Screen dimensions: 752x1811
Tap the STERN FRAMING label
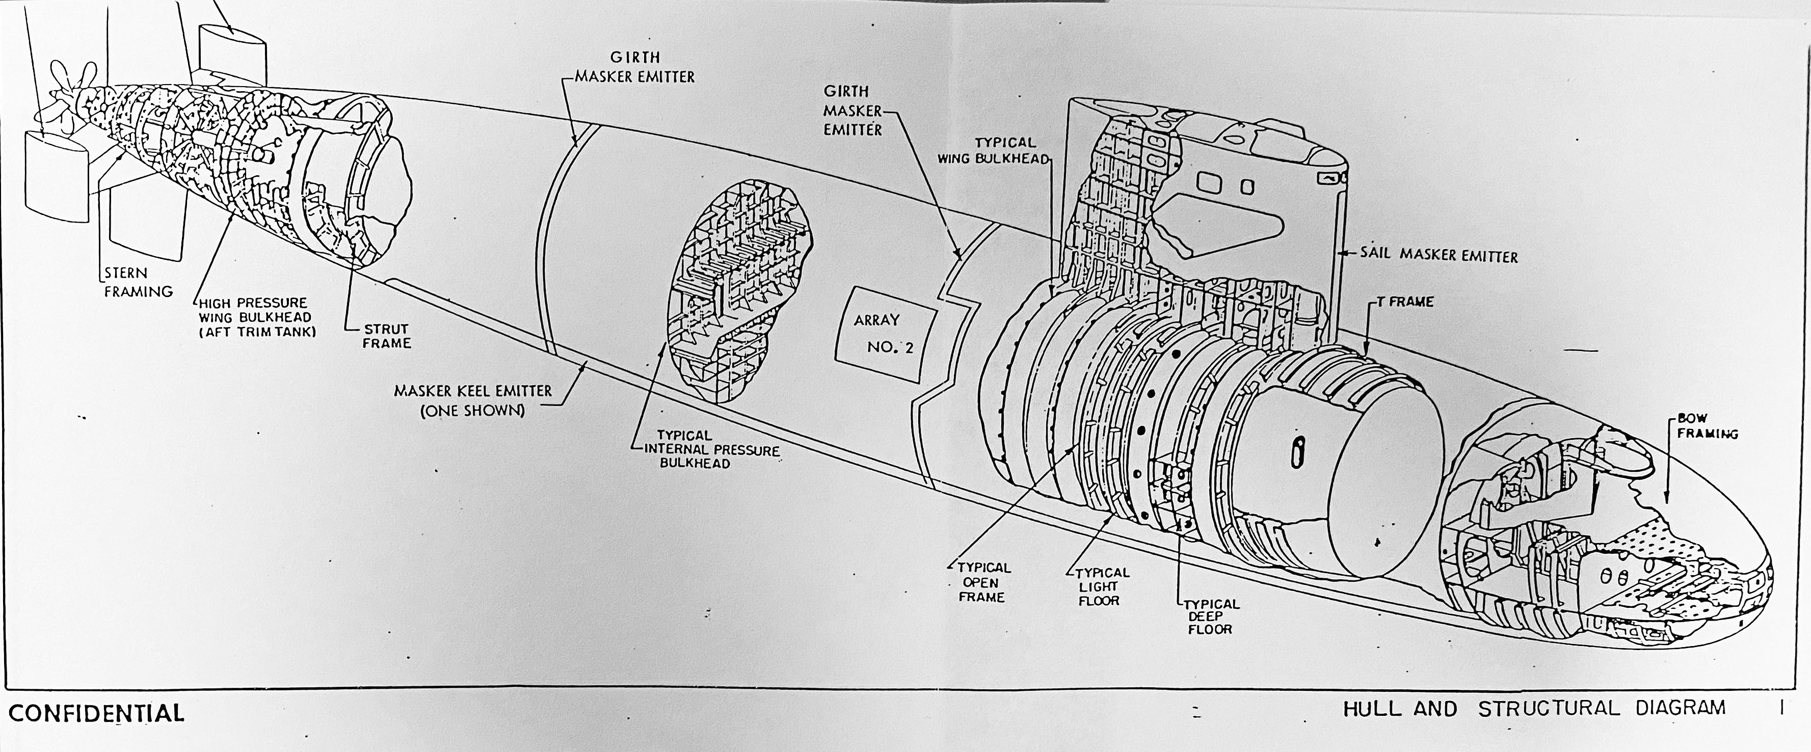138,282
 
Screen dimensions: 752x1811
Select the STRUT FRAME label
387,336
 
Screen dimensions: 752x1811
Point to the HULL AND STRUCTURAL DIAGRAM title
1534,708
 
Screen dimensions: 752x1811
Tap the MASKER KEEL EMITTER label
472,400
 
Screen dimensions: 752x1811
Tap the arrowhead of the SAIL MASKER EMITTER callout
1342,256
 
